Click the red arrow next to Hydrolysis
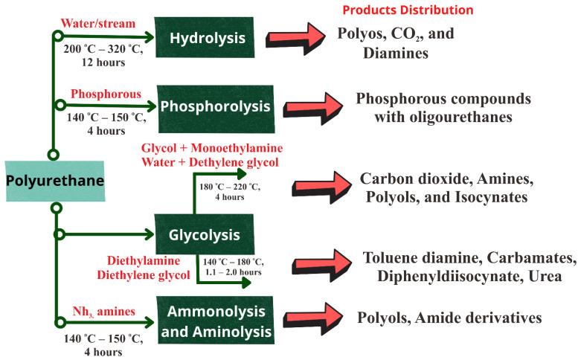[x=292, y=38]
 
